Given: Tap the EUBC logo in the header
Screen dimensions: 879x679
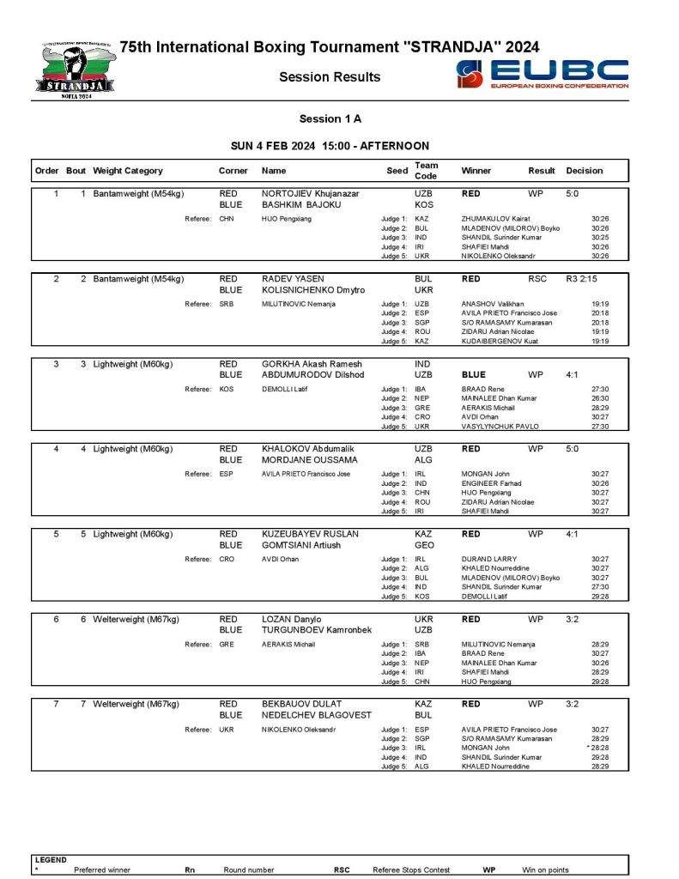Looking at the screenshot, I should click(x=542, y=75).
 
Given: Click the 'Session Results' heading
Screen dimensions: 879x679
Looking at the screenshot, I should click(x=330, y=77).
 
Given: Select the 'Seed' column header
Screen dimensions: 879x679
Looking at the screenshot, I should click(x=397, y=171).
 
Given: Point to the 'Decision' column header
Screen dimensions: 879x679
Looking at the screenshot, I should click(x=585, y=171).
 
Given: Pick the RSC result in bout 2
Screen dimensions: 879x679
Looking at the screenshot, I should click(x=537, y=279).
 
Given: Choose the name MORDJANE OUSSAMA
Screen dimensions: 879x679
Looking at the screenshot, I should click(x=309, y=460).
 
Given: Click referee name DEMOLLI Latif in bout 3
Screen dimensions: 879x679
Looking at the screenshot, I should click(x=284, y=390).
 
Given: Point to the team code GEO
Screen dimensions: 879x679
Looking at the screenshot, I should click(x=424, y=545).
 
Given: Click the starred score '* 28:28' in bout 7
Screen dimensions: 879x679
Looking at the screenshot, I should click(x=597, y=748).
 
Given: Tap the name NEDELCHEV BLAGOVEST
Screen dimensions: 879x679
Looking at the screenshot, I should click(x=317, y=715).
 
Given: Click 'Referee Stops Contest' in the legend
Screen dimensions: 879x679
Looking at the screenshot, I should click(x=411, y=870).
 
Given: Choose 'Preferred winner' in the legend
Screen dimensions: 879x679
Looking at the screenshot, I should click(x=102, y=870).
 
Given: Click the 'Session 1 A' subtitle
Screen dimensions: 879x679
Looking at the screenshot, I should click(x=330, y=118).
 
